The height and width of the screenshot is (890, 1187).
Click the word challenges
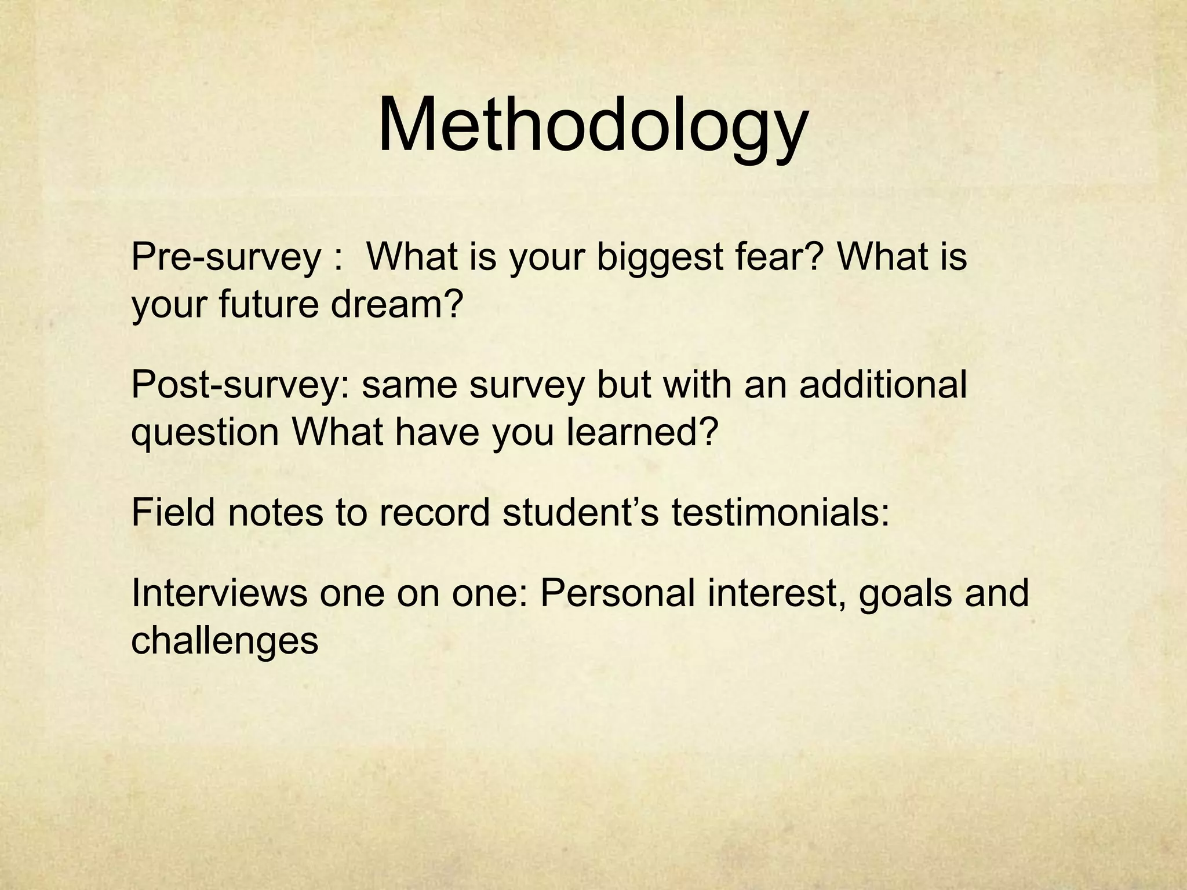coord(225,641)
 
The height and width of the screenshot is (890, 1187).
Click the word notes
coord(275,512)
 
